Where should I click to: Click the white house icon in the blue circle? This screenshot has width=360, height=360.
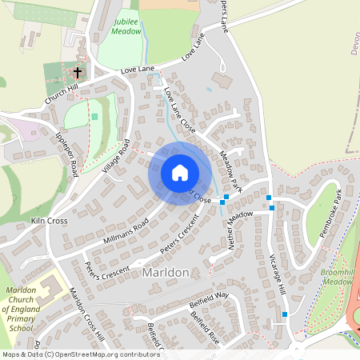click(x=179, y=173)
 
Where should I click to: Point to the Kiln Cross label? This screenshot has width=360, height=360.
click(x=49, y=220)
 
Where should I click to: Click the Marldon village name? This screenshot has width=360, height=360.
click(x=165, y=272)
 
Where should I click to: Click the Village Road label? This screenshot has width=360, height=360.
click(x=116, y=157)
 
